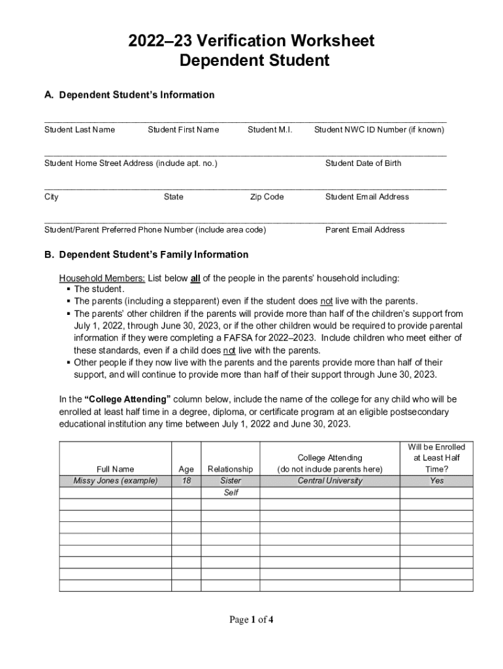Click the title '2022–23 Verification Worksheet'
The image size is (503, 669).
click(x=252, y=41)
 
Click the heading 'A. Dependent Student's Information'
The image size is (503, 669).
click(x=129, y=95)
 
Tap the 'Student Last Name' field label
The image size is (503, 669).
click(x=79, y=130)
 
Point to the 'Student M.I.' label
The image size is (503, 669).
click(x=270, y=130)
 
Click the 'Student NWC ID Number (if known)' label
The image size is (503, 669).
click(x=379, y=130)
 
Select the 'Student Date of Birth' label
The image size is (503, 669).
click(x=363, y=163)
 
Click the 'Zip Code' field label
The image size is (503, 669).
click(x=267, y=197)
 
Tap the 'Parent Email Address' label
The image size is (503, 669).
click(x=365, y=230)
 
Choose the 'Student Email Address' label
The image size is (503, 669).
click(x=367, y=197)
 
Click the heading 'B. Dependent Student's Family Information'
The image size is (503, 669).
click(x=146, y=255)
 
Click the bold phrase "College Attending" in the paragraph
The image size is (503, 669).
click(x=127, y=399)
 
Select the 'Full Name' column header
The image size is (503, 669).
click(x=115, y=469)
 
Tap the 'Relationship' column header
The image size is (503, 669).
click(x=230, y=469)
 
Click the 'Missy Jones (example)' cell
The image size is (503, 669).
click(x=115, y=481)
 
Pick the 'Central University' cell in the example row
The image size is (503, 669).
click(x=330, y=481)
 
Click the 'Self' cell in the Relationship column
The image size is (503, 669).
click(x=231, y=493)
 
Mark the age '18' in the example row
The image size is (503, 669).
click(x=186, y=481)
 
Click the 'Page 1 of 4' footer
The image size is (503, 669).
click(x=251, y=620)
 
